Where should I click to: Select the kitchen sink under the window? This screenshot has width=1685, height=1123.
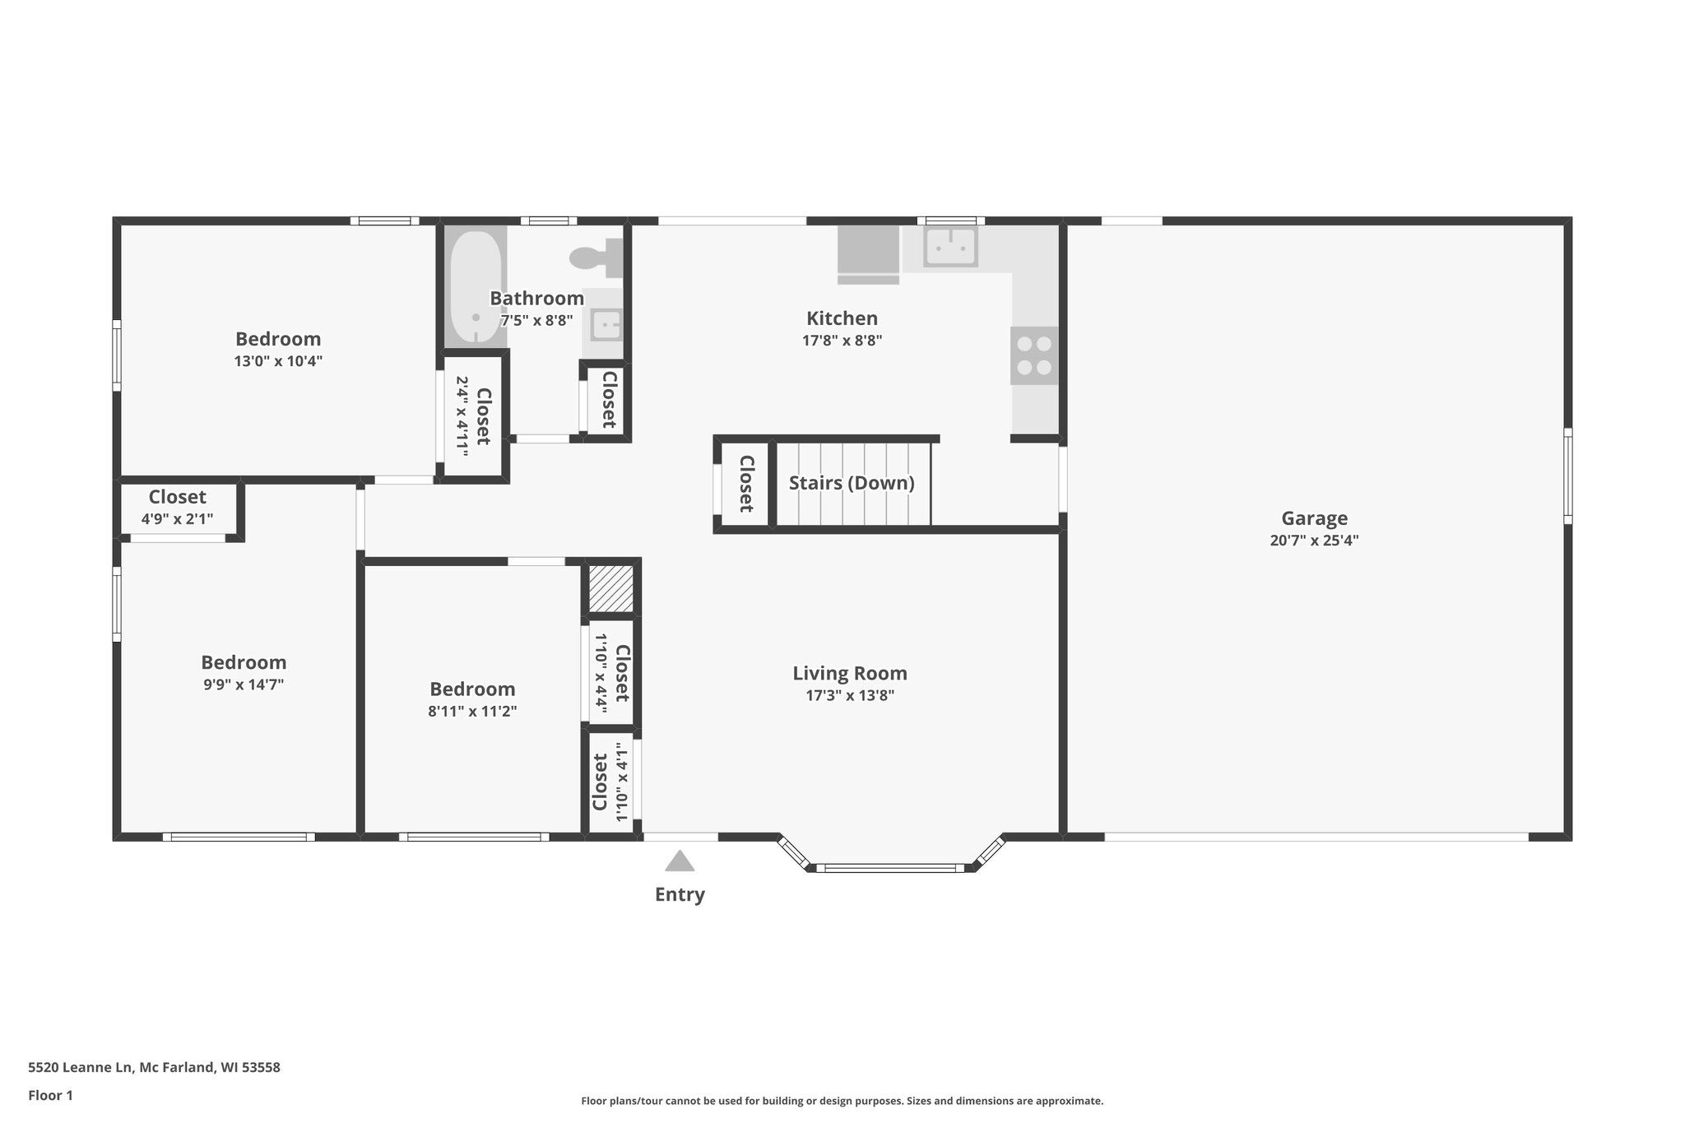(x=950, y=246)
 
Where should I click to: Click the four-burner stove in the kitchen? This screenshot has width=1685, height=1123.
(x=1034, y=355)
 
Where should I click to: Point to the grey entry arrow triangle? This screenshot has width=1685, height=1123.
(x=680, y=861)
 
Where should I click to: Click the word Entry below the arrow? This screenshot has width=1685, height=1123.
(x=680, y=894)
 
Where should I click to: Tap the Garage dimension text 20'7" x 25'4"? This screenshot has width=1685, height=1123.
(x=1314, y=541)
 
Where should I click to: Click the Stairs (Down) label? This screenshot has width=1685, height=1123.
(x=852, y=483)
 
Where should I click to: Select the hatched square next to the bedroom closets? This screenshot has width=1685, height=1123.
(x=610, y=587)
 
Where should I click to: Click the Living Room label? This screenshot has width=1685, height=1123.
(x=850, y=673)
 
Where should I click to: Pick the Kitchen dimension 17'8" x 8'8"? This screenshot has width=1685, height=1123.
(x=842, y=340)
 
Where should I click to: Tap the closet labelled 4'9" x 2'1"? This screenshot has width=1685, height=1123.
(x=177, y=508)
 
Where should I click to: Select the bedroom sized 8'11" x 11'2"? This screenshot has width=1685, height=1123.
(x=472, y=699)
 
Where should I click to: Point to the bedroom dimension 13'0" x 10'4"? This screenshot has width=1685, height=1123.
(x=278, y=360)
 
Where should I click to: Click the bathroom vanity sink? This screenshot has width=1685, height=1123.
(x=606, y=324)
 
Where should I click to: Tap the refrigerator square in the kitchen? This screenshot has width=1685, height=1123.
(x=868, y=251)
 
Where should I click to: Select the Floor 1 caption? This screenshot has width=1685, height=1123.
(x=50, y=1095)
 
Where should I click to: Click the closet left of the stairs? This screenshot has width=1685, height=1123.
(x=745, y=484)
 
